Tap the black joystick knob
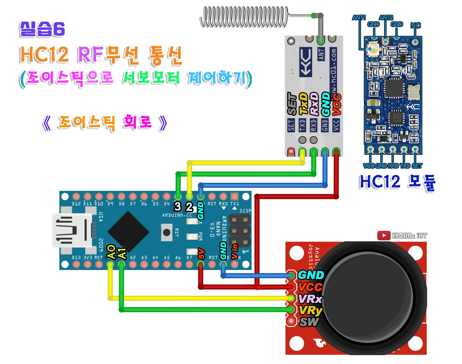370,297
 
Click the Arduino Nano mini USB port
72,230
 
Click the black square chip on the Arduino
128,231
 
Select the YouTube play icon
384,236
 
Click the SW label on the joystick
309,322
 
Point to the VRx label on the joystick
310,299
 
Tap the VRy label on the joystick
310,310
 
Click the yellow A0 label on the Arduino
111,252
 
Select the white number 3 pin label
178,207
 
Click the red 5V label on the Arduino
201,253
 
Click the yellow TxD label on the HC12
303,104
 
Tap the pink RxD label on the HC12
314,104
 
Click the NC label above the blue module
416,25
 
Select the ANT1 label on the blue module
359,17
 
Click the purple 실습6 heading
42,29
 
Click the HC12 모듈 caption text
397,182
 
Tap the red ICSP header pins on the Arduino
240,231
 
